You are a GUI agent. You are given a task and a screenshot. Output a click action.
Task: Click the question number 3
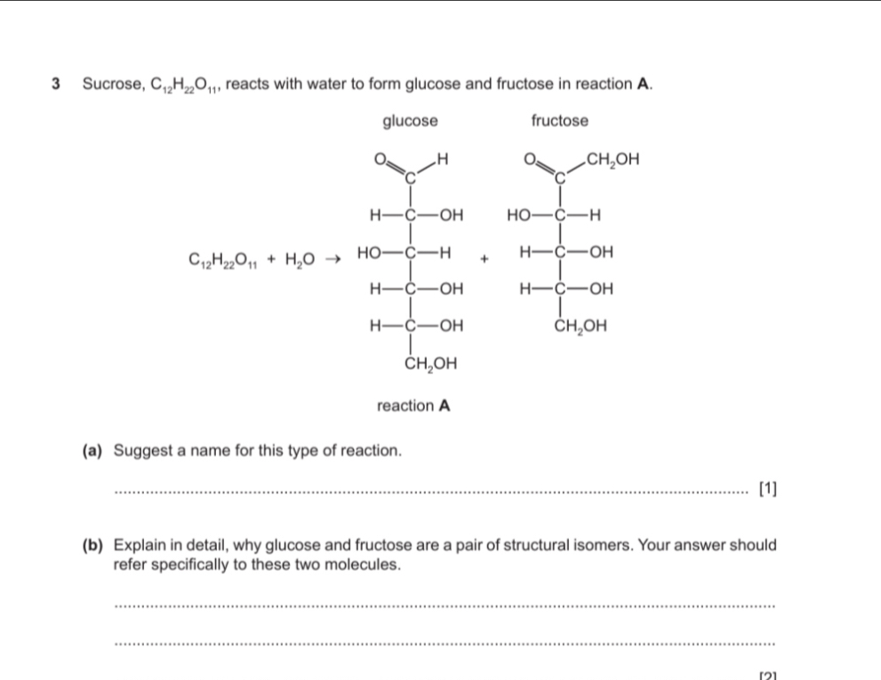(56, 84)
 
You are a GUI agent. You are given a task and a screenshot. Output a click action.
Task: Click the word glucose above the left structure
(410, 122)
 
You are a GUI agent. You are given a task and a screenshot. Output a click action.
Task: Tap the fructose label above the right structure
(559, 120)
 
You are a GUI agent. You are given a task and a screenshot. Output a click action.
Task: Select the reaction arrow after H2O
(333, 259)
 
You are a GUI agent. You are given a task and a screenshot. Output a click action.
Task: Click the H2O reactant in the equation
(300, 260)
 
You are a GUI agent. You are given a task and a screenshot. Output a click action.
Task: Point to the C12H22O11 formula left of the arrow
(223, 260)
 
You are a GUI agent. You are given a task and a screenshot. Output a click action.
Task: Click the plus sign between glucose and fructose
(485, 259)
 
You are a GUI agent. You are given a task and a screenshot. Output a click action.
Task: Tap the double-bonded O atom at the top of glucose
(380, 159)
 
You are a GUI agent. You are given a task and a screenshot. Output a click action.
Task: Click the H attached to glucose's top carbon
(442, 159)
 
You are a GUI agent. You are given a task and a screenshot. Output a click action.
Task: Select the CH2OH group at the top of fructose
(613, 160)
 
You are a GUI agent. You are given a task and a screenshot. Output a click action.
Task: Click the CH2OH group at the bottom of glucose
(431, 364)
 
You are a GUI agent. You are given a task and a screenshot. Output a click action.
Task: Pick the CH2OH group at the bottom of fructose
(581, 326)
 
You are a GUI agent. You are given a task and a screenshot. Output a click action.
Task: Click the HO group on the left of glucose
(369, 253)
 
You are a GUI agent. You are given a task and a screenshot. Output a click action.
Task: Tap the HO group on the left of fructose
(518, 215)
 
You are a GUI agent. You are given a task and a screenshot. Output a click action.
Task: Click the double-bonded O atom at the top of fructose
(530, 159)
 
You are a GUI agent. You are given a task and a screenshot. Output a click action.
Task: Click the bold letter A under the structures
(445, 405)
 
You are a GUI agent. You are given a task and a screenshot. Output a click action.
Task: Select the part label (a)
(92, 451)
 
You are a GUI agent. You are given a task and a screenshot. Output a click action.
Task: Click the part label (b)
(92, 545)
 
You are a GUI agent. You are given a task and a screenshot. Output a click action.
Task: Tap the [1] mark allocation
(768, 489)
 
